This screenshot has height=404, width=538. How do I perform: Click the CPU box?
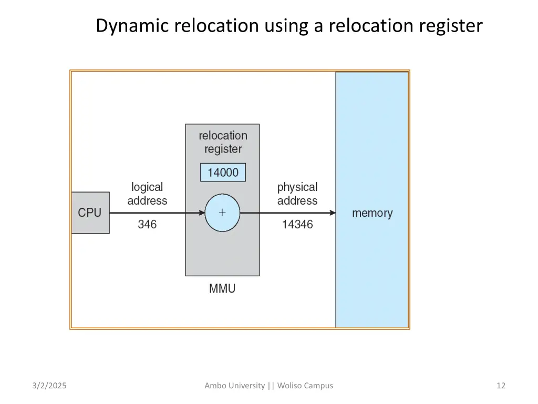click(x=90, y=213)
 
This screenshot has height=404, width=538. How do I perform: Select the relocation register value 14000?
click(x=223, y=173)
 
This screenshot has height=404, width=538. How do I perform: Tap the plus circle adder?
click(x=222, y=213)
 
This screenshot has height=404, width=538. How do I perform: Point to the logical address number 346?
click(x=147, y=225)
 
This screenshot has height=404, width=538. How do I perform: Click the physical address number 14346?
click(x=297, y=225)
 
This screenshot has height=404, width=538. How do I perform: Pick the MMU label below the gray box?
click(x=222, y=289)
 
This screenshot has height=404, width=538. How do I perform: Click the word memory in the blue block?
click(x=372, y=213)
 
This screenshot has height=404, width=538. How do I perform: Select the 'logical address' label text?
click(x=147, y=194)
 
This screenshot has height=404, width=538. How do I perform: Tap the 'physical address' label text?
click(x=297, y=194)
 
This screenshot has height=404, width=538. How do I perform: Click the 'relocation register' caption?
click(x=223, y=142)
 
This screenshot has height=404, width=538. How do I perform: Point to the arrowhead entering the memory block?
click(x=333, y=213)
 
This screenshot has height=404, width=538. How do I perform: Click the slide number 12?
click(x=501, y=386)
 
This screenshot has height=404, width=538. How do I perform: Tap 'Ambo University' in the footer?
click(x=235, y=386)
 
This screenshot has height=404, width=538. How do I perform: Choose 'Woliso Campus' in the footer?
click(x=305, y=386)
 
